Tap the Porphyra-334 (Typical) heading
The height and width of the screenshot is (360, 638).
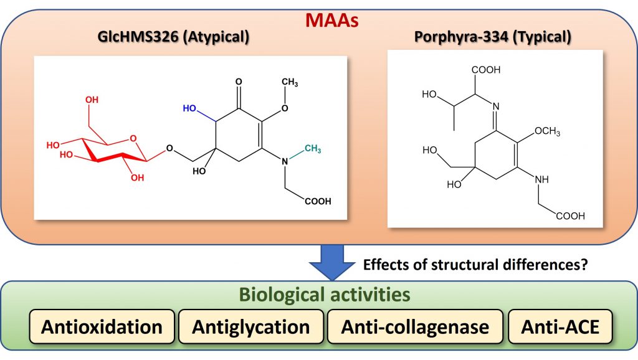tap(492, 37)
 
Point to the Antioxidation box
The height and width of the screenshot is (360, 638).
tap(102, 326)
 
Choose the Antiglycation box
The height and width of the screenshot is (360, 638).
tap(250, 326)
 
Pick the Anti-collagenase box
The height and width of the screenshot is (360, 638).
tap(415, 326)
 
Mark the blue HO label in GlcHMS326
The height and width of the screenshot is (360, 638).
tap(189, 108)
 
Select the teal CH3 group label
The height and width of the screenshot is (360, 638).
tap(313, 148)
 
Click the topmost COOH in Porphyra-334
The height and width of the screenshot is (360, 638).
tap(487, 70)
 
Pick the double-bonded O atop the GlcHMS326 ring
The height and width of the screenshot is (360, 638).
tap(239, 82)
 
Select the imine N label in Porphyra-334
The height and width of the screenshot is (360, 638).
tap(496, 106)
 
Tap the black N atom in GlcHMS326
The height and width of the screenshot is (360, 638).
tap(284, 161)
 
